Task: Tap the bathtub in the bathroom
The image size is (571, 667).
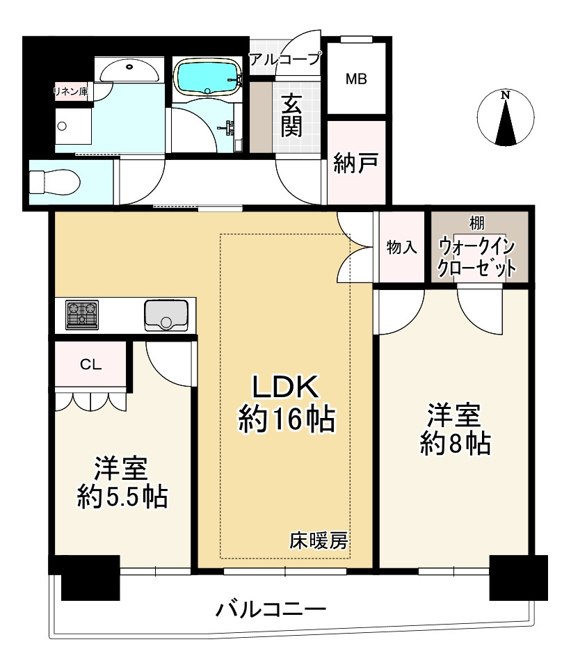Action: point(207,76)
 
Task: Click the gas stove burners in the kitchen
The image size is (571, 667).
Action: point(82,314)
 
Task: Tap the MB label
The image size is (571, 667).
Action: point(356,79)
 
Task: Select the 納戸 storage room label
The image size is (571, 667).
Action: point(355,163)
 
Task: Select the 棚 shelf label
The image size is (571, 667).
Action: point(477,224)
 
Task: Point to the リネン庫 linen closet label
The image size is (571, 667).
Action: point(72,90)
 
